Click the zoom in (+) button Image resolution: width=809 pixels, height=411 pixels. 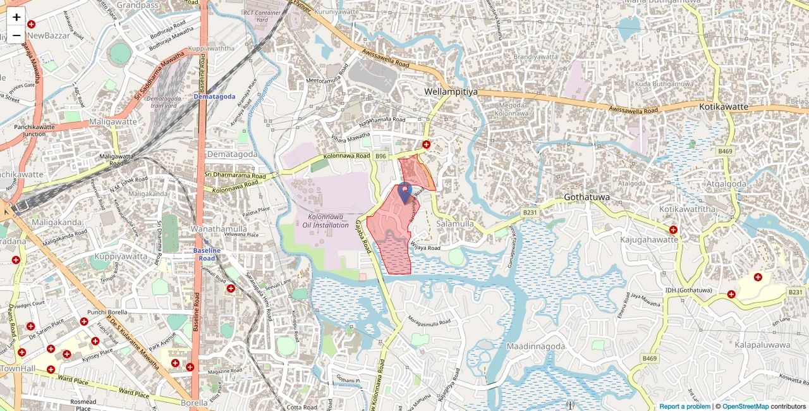16,17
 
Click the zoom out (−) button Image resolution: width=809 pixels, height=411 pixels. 16,35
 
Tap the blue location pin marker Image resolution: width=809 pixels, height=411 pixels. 405,192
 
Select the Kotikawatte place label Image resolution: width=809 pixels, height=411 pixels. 724,107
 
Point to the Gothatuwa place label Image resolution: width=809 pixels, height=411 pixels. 587,197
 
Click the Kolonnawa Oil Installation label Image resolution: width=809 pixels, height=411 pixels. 325,221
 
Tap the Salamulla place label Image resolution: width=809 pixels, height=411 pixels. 455,224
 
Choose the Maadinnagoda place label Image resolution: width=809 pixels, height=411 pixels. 535,346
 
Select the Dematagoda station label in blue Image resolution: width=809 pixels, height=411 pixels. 214,97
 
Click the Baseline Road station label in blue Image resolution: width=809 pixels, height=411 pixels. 207,254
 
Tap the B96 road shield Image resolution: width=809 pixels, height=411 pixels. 380,156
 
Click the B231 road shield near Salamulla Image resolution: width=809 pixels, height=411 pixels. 529,213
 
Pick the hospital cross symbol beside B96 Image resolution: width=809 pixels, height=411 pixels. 427,145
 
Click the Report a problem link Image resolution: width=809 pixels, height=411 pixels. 685,407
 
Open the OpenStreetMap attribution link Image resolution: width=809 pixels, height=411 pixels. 745,407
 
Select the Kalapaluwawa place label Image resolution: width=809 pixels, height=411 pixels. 762,345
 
